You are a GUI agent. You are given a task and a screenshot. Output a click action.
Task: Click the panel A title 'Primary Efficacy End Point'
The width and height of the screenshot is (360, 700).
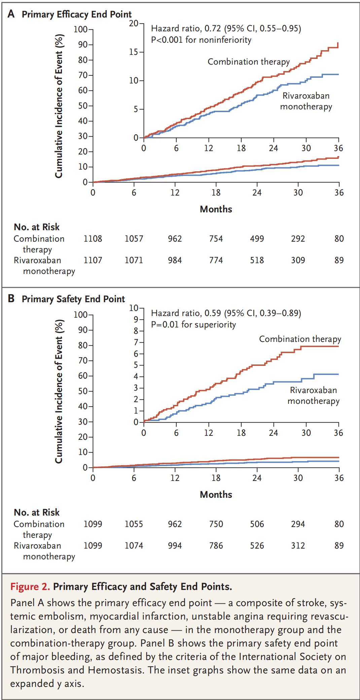tap(76, 14)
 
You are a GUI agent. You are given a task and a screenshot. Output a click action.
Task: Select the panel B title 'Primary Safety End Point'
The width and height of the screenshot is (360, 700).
tap(73, 299)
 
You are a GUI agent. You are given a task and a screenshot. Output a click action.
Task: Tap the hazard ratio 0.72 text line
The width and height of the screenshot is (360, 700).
tap(226, 28)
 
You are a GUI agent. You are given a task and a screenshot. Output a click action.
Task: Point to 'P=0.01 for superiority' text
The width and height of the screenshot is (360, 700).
tap(193, 325)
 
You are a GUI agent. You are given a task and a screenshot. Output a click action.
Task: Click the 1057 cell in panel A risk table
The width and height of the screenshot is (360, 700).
tap(134, 239)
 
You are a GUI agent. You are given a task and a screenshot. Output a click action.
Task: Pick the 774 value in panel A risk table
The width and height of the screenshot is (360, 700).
tap(216, 260)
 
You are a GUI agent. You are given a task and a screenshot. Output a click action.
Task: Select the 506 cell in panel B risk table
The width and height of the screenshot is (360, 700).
tap(257, 524)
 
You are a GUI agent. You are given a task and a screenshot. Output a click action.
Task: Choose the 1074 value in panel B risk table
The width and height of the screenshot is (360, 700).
tap(134, 546)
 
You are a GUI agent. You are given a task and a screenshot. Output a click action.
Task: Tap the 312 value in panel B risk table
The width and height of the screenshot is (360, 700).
tap(298, 546)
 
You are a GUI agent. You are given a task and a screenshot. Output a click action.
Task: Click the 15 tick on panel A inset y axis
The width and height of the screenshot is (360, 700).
tap(134, 52)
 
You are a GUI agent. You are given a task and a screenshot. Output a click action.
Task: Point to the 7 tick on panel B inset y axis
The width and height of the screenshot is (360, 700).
tap(136, 343)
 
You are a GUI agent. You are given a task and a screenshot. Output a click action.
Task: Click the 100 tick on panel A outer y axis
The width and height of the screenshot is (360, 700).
tap(80, 30)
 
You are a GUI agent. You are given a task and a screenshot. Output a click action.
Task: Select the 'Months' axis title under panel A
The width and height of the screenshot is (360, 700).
tap(216, 209)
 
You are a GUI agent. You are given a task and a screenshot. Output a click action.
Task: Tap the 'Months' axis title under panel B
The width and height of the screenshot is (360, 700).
tap(216, 495)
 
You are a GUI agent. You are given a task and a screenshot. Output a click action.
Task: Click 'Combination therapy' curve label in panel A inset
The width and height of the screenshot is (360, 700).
tap(249, 62)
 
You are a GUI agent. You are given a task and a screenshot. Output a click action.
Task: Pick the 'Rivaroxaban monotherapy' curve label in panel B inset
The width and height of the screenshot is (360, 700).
tap(313, 396)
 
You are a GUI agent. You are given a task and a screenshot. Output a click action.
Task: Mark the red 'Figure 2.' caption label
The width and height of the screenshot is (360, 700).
tap(30, 587)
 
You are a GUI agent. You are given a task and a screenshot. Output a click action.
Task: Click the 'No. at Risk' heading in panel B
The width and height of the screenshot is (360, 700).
tap(37, 513)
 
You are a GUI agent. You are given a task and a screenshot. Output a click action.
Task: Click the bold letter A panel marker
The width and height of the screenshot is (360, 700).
tap(11, 14)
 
